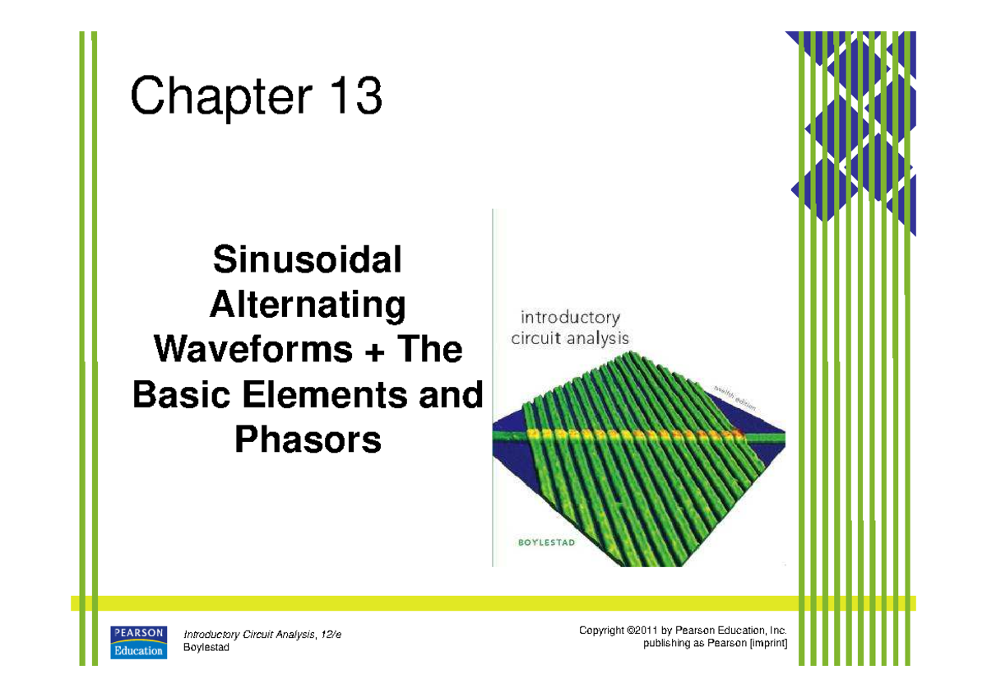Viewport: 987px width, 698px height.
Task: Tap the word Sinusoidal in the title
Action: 308,261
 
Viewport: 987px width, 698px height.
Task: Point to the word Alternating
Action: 308,306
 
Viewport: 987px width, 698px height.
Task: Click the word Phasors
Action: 308,440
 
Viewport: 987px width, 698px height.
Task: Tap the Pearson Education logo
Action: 139,642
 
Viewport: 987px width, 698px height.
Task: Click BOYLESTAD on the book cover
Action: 540,540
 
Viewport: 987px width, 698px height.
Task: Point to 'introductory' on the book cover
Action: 568,318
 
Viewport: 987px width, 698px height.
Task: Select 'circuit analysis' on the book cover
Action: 569,337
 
